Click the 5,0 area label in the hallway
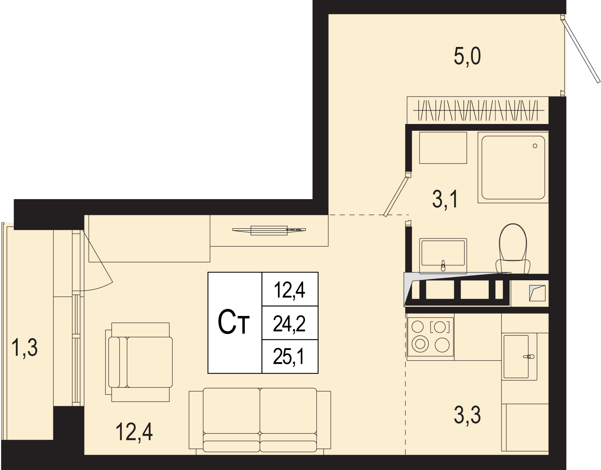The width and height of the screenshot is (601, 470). [x=467, y=56]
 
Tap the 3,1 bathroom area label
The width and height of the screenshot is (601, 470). [x=445, y=199]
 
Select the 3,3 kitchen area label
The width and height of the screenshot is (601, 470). [x=467, y=415]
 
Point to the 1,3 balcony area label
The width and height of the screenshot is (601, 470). [x=25, y=348]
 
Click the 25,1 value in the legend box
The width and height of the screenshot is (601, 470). [x=289, y=356]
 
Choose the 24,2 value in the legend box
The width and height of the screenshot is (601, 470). [x=289, y=323]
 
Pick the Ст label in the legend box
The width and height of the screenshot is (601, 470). [x=233, y=322]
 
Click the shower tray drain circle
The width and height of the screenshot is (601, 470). [x=535, y=146]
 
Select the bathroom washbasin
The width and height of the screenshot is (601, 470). [x=443, y=256]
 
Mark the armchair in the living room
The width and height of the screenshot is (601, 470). [x=139, y=362]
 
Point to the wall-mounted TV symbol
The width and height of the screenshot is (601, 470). [x=269, y=230]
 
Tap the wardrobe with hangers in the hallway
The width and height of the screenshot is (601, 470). [x=478, y=110]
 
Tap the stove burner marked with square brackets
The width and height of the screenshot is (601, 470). [x=440, y=327]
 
